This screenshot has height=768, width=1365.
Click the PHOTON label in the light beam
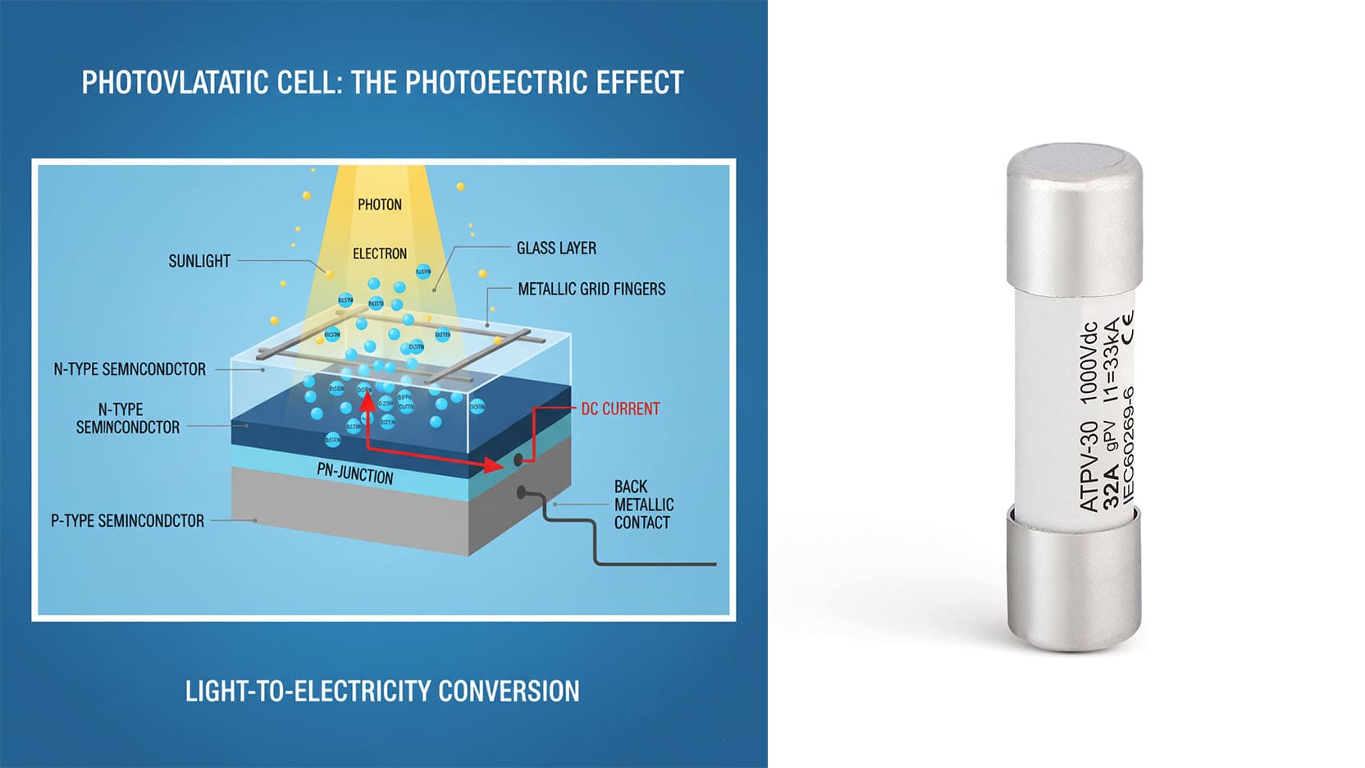379,204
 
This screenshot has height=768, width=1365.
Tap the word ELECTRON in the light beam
379,254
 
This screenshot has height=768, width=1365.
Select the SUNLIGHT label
199,261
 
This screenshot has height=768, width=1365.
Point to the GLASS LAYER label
556,248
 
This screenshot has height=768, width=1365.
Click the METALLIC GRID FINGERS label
591,289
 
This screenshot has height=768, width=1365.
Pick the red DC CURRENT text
620,409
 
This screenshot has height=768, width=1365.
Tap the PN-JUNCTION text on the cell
355,473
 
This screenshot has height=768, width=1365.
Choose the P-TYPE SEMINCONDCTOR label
127,520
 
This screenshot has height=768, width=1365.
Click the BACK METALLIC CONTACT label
643,505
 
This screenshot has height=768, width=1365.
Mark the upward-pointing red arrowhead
367,400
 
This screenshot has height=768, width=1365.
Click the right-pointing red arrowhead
493,465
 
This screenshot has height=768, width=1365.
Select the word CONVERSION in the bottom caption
509,691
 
